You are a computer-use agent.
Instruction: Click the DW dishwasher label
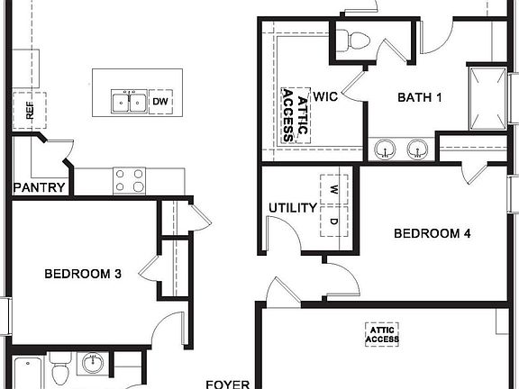(160, 102)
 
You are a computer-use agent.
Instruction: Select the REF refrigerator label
(29, 112)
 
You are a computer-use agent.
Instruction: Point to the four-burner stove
(128, 181)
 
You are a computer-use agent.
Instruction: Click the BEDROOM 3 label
(83, 274)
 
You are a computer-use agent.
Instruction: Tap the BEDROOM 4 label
(432, 234)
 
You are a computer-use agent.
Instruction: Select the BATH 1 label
(420, 97)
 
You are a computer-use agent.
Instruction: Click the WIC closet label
(324, 97)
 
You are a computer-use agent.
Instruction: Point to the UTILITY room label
(293, 208)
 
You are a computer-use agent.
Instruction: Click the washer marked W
(333, 190)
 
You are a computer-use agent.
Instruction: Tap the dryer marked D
(333, 221)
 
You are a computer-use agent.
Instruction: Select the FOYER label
(227, 384)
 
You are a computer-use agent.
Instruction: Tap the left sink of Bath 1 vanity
(387, 149)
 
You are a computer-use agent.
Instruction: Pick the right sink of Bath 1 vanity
(417, 149)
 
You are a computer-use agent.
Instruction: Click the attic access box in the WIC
(295, 115)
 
